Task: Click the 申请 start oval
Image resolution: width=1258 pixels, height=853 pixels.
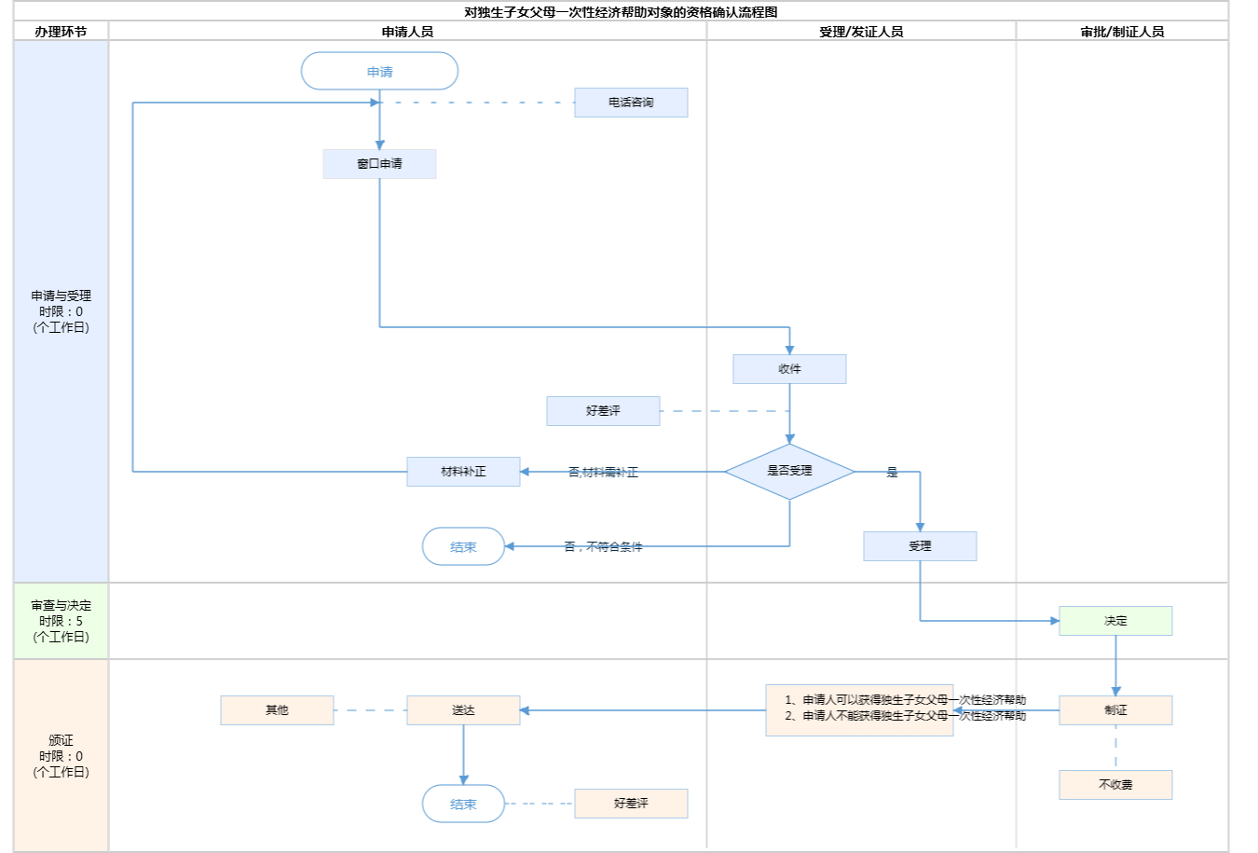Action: (x=379, y=72)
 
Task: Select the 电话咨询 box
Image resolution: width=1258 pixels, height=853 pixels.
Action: (x=631, y=103)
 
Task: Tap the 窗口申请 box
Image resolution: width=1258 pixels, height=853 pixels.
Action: (x=379, y=164)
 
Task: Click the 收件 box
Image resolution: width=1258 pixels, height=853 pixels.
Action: (x=789, y=369)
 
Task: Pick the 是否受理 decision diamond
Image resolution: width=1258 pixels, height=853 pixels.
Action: (x=789, y=472)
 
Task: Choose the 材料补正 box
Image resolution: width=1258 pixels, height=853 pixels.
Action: (x=463, y=472)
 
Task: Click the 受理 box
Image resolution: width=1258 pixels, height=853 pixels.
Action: (x=920, y=546)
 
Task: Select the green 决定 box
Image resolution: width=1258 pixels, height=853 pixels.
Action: (x=1115, y=621)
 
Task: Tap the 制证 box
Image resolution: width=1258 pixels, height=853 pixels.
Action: (x=1115, y=710)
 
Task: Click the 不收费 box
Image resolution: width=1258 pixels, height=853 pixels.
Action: (x=1115, y=785)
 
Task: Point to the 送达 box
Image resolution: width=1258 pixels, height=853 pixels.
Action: (x=463, y=710)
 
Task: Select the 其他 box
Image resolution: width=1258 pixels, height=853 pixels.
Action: (x=277, y=710)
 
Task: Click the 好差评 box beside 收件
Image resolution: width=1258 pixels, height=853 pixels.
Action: (x=603, y=411)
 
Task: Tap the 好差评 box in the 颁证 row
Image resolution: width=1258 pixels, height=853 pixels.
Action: (x=631, y=804)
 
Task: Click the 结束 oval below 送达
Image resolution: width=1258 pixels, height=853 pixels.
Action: (x=463, y=804)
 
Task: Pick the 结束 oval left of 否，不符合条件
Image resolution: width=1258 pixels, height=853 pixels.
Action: (x=463, y=547)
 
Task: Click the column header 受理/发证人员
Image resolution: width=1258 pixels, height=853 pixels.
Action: (x=861, y=32)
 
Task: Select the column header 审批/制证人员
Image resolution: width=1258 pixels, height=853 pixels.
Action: (x=1122, y=32)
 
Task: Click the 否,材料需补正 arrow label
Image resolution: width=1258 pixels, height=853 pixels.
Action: (x=603, y=473)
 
